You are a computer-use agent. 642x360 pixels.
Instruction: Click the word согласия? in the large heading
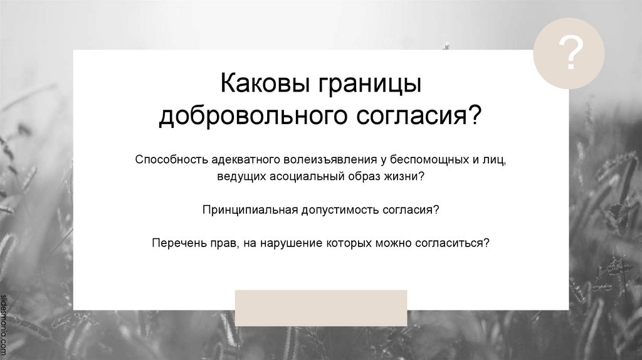tap(418, 117)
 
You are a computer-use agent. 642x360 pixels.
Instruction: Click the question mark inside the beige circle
tap(569, 54)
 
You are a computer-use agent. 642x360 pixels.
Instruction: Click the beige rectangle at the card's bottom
tap(321, 307)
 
